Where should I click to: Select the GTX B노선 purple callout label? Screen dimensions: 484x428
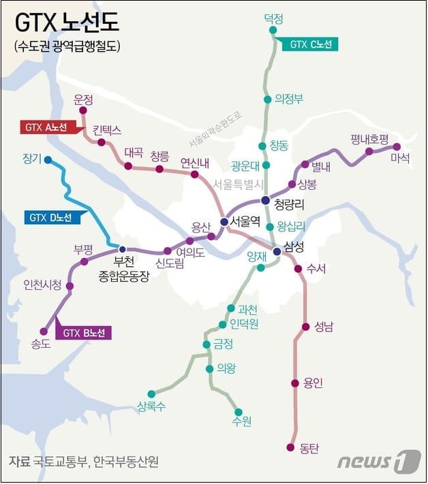click(x=84, y=333)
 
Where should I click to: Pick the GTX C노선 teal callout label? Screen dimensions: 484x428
click(x=310, y=44)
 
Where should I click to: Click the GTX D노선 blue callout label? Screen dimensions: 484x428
click(x=51, y=218)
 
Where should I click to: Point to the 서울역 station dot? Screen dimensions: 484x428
click(x=224, y=221)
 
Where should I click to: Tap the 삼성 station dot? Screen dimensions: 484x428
click(x=277, y=251)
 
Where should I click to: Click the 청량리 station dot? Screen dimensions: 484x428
click(x=266, y=199)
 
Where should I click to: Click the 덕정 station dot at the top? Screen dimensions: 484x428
click(x=273, y=30)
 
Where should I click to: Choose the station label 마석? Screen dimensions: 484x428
click(x=400, y=158)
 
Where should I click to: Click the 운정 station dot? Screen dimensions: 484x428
click(x=83, y=110)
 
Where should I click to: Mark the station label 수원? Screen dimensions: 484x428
click(x=241, y=421)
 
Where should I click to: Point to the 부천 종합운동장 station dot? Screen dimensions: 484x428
click(x=123, y=248)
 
